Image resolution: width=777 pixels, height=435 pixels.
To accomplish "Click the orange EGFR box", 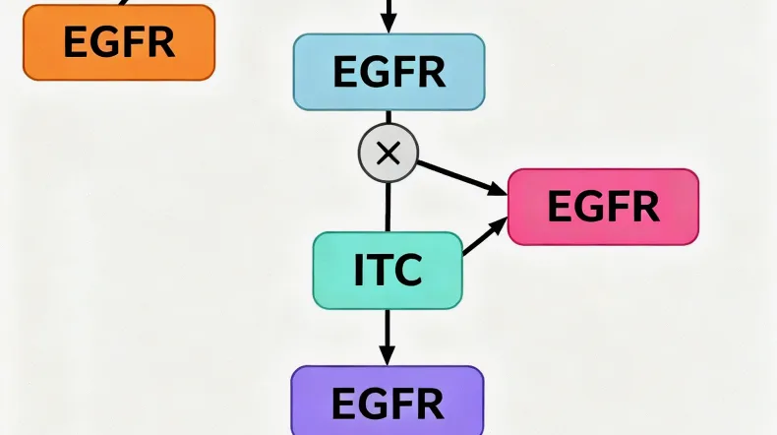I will click(118, 41).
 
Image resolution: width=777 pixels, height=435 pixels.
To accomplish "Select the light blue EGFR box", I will click(388, 72).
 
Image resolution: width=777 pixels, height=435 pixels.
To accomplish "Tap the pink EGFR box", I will click(603, 207).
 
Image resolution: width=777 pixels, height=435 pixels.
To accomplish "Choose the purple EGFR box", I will click(388, 402).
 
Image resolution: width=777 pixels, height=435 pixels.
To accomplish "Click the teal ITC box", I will click(388, 271).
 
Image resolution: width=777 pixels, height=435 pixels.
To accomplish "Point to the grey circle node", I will click(388, 153).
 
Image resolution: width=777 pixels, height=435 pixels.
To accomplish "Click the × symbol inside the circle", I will click(388, 153).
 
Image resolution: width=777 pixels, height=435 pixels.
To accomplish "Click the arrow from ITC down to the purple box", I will click(388, 335).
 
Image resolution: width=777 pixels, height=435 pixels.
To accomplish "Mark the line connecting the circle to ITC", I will click(388, 207).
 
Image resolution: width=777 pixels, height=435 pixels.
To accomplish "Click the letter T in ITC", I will click(383, 271).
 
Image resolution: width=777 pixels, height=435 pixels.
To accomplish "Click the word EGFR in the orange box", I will click(118, 41).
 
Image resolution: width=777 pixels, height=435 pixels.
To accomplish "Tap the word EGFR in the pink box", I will click(603, 207).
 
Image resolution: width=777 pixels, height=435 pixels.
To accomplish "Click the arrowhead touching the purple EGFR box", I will click(388, 356).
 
